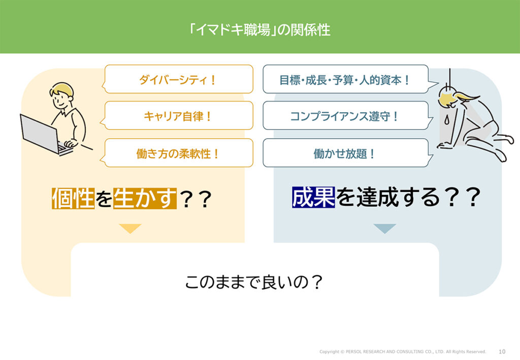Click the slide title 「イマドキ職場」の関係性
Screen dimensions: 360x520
[259, 29]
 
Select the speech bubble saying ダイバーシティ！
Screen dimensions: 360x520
[178, 80]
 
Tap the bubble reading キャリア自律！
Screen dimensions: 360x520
[178, 116]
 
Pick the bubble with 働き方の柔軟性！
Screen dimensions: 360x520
[178, 153]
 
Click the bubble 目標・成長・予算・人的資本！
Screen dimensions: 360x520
[345, 80]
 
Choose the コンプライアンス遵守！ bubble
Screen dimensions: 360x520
[345, 116]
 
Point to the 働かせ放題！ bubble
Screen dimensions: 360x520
[345, 153]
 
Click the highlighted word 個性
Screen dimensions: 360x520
[73, 199]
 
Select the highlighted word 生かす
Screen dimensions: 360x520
[145, 199]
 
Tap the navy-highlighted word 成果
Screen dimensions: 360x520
[313, 198]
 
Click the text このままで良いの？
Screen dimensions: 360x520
[254, 282]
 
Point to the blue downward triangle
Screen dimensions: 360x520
[384, 228]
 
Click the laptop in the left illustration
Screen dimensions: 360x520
[43, 133]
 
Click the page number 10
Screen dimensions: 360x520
[502, 351]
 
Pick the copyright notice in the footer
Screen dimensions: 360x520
[403, 351]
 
